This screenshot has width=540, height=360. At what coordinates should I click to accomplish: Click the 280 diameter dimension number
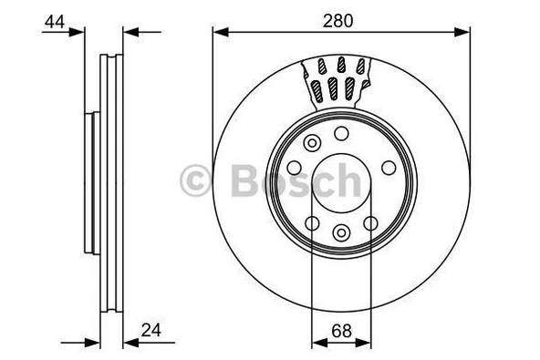pos(337,21)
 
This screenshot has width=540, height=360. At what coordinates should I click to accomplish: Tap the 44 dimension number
pos(55,22)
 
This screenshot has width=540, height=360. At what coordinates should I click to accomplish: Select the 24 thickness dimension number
pos(151,331)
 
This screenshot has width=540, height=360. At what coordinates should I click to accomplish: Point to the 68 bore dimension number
pos(342,331)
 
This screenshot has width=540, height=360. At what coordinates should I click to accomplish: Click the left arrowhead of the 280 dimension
pos(221,32)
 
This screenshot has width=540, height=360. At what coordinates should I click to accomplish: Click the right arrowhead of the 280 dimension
pos(462,32)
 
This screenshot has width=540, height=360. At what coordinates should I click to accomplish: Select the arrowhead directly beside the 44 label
pos(77,32)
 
